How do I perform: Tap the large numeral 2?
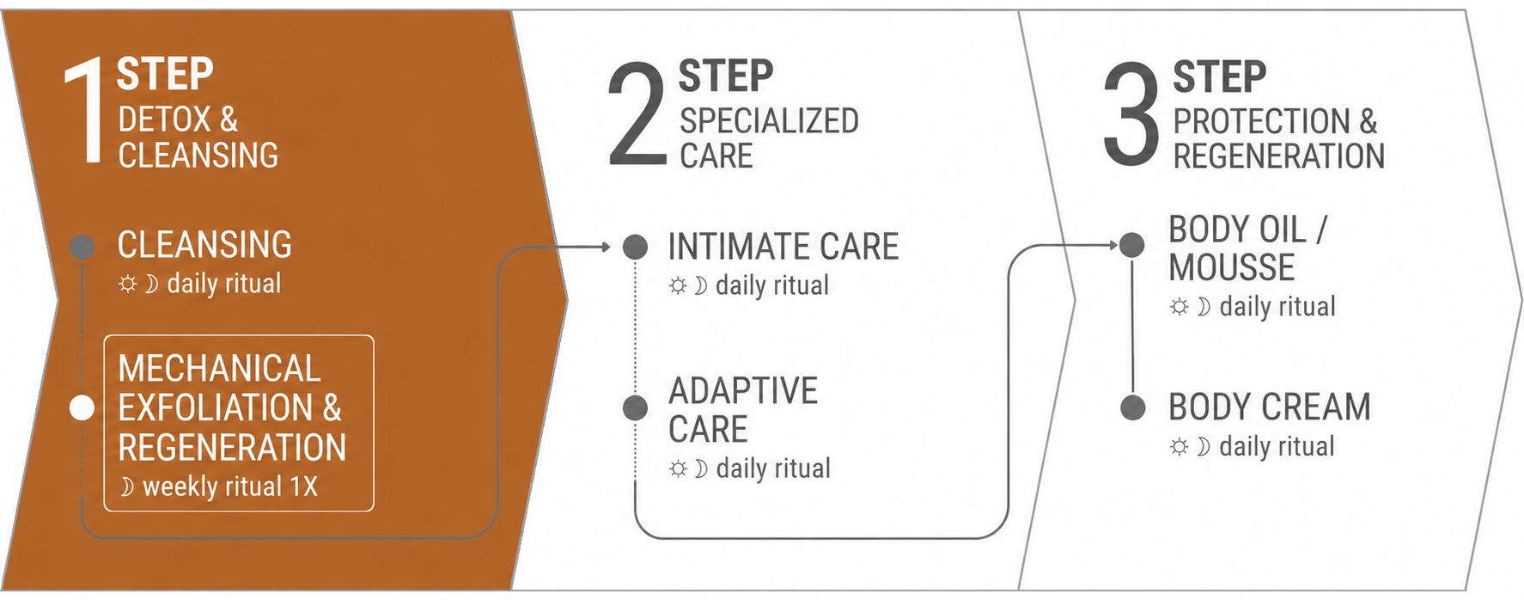637,113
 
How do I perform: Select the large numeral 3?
1131,113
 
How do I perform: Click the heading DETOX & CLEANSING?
198,138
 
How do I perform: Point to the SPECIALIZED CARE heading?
769,138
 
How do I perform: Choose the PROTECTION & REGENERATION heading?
1279,139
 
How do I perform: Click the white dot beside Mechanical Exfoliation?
82,408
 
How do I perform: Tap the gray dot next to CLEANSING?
82,247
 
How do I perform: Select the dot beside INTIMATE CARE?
635,247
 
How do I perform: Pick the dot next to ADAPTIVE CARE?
635,407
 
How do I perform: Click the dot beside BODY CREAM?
1133,407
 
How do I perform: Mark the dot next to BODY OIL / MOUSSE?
1131,245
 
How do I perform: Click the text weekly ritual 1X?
230,487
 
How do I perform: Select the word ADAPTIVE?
743,391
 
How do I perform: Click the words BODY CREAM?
1270,407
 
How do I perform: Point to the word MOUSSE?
1232,268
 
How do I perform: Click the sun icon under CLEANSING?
127,284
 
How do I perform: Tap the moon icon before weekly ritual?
127,487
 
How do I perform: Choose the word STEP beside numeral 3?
1220,77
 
